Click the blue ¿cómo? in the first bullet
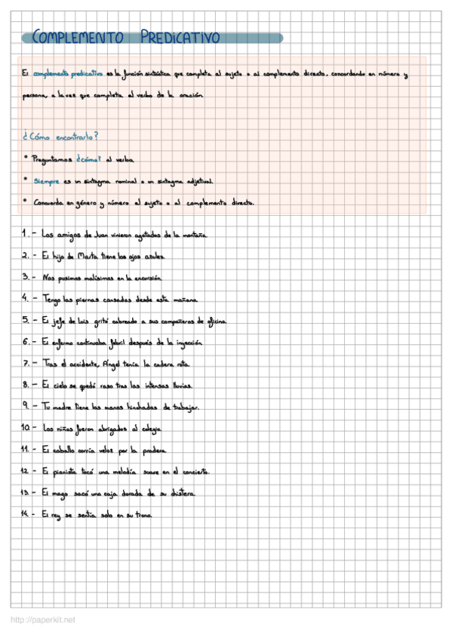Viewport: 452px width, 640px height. coord(89,159)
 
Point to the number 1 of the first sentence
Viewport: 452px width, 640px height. coord(24,234)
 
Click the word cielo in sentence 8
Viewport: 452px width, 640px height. coord(61,385)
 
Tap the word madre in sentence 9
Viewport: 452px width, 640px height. coord(66,407)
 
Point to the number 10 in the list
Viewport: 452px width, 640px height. coord(26,428)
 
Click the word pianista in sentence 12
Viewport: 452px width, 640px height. coord(66,472)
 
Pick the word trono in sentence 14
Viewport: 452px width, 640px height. coord(143,515)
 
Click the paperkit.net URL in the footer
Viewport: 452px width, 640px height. coord(43,620)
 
